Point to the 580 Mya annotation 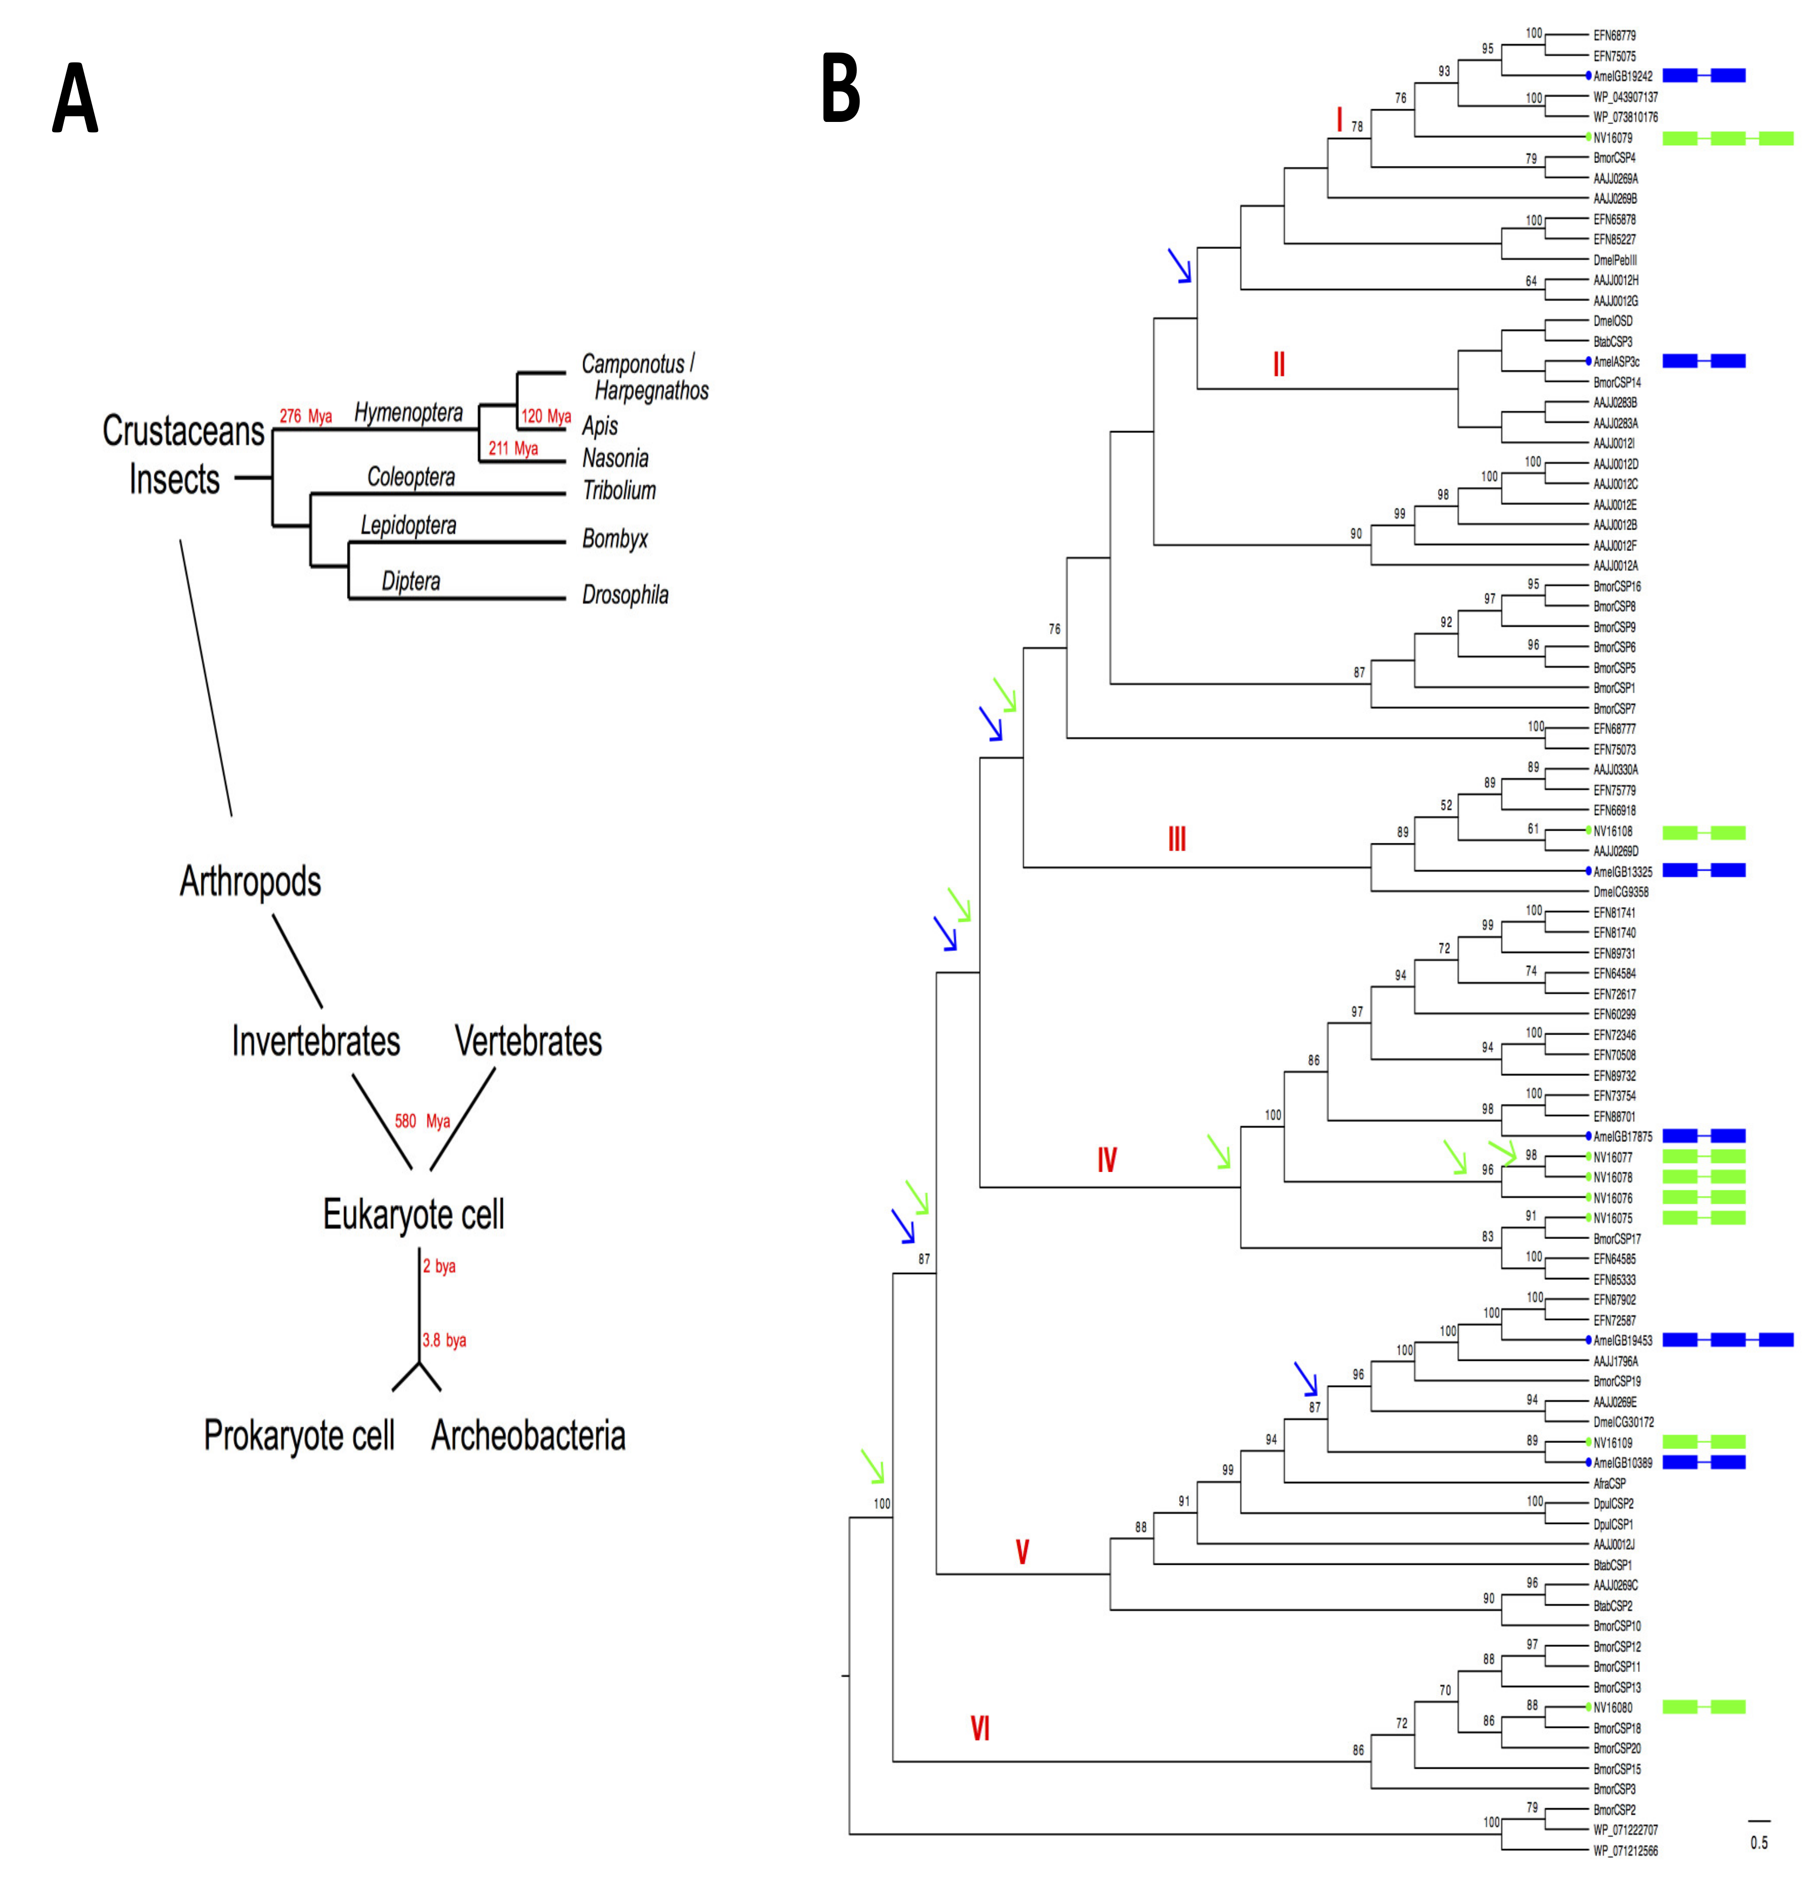point(422,1121)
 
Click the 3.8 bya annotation point(445,1341)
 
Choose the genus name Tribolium point(619,491)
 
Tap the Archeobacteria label point(528,1435)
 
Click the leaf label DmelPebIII point(1615,260)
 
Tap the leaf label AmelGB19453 point(1623,1341)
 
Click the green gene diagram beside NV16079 point(1727,138)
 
